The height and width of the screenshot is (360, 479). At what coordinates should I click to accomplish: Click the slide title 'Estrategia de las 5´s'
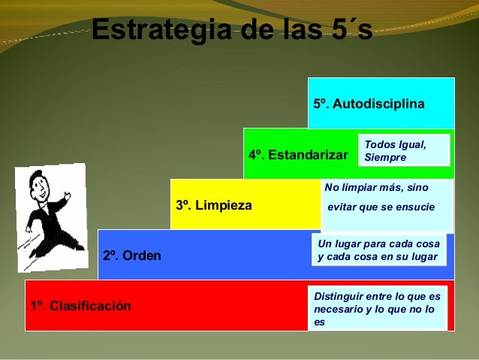click(x=231, y=32)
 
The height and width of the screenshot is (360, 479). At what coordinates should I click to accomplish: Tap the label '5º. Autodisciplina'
click(x=369, y=103)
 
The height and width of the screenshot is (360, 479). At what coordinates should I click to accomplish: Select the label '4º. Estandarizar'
click(x=298, y=155)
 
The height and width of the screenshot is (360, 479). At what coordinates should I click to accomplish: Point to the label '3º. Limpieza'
click(x=213, y=205)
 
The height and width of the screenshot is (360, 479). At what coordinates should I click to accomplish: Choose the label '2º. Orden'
click(x=131, y=256)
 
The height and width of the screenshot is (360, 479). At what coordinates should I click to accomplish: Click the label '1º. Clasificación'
click(x=80, y=306)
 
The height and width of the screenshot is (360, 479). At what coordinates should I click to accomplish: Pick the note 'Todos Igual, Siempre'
click(x=404, y=150)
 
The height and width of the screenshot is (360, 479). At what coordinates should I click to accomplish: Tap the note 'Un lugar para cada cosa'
click(x=380, y=250)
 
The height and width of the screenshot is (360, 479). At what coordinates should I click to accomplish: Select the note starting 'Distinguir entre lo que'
click(x=377, y=308)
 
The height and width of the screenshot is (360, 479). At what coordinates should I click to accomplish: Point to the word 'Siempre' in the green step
click(x=384, y=158)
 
